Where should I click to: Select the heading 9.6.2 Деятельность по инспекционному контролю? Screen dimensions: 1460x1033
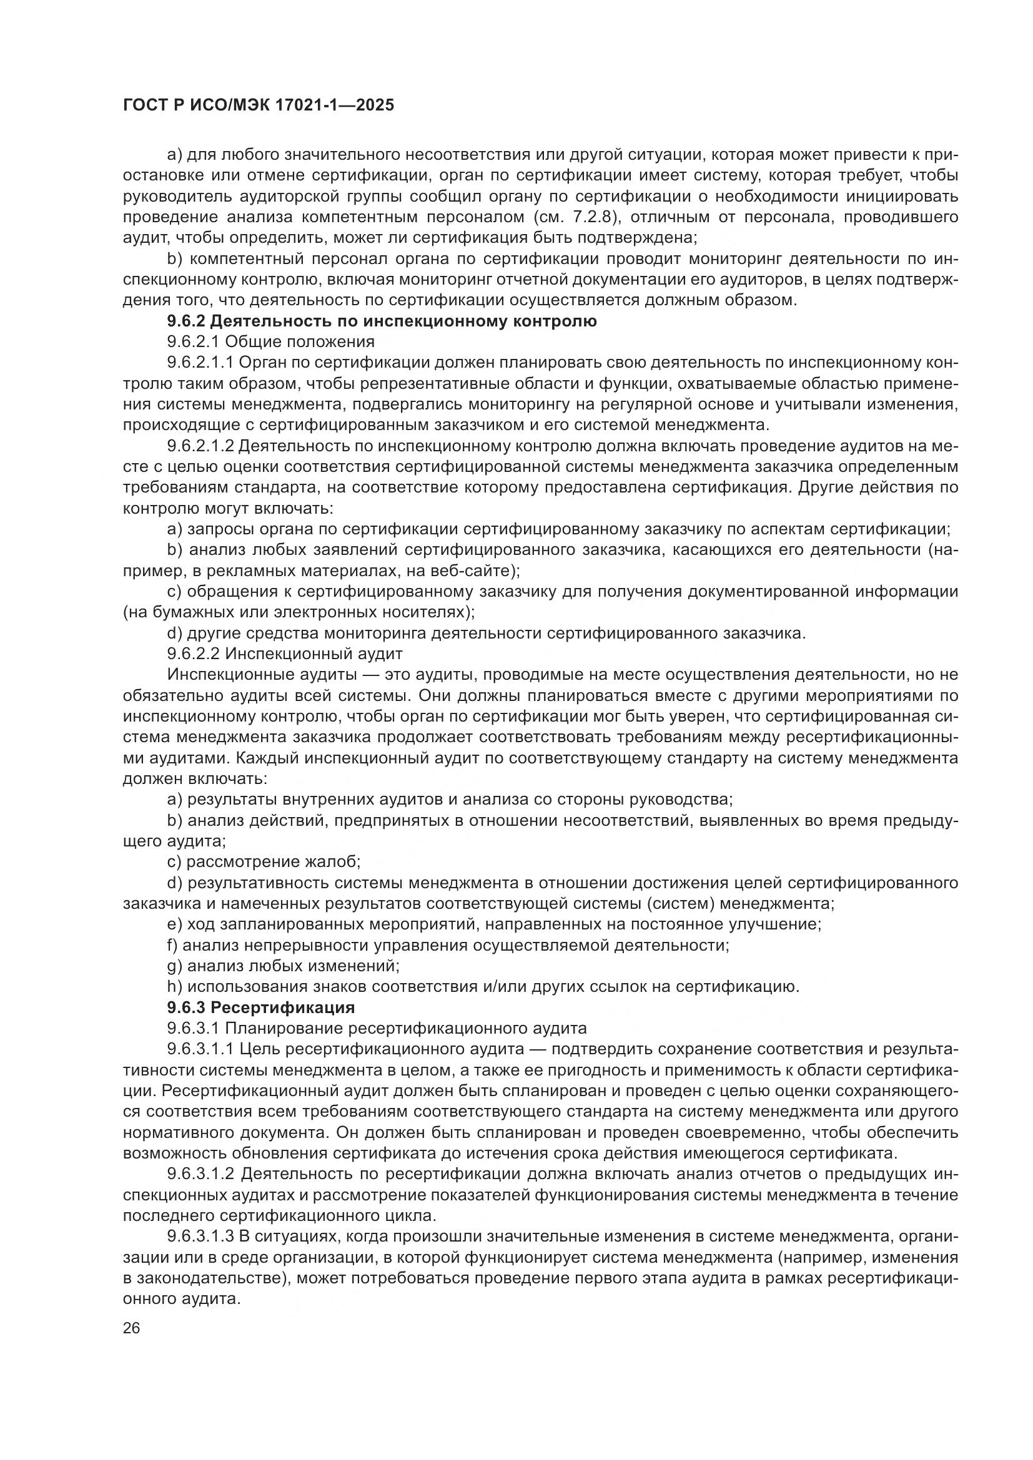click(382, 321)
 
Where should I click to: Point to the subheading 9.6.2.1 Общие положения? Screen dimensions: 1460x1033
click(270, 342)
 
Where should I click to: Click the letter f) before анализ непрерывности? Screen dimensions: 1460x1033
click(172, 945)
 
